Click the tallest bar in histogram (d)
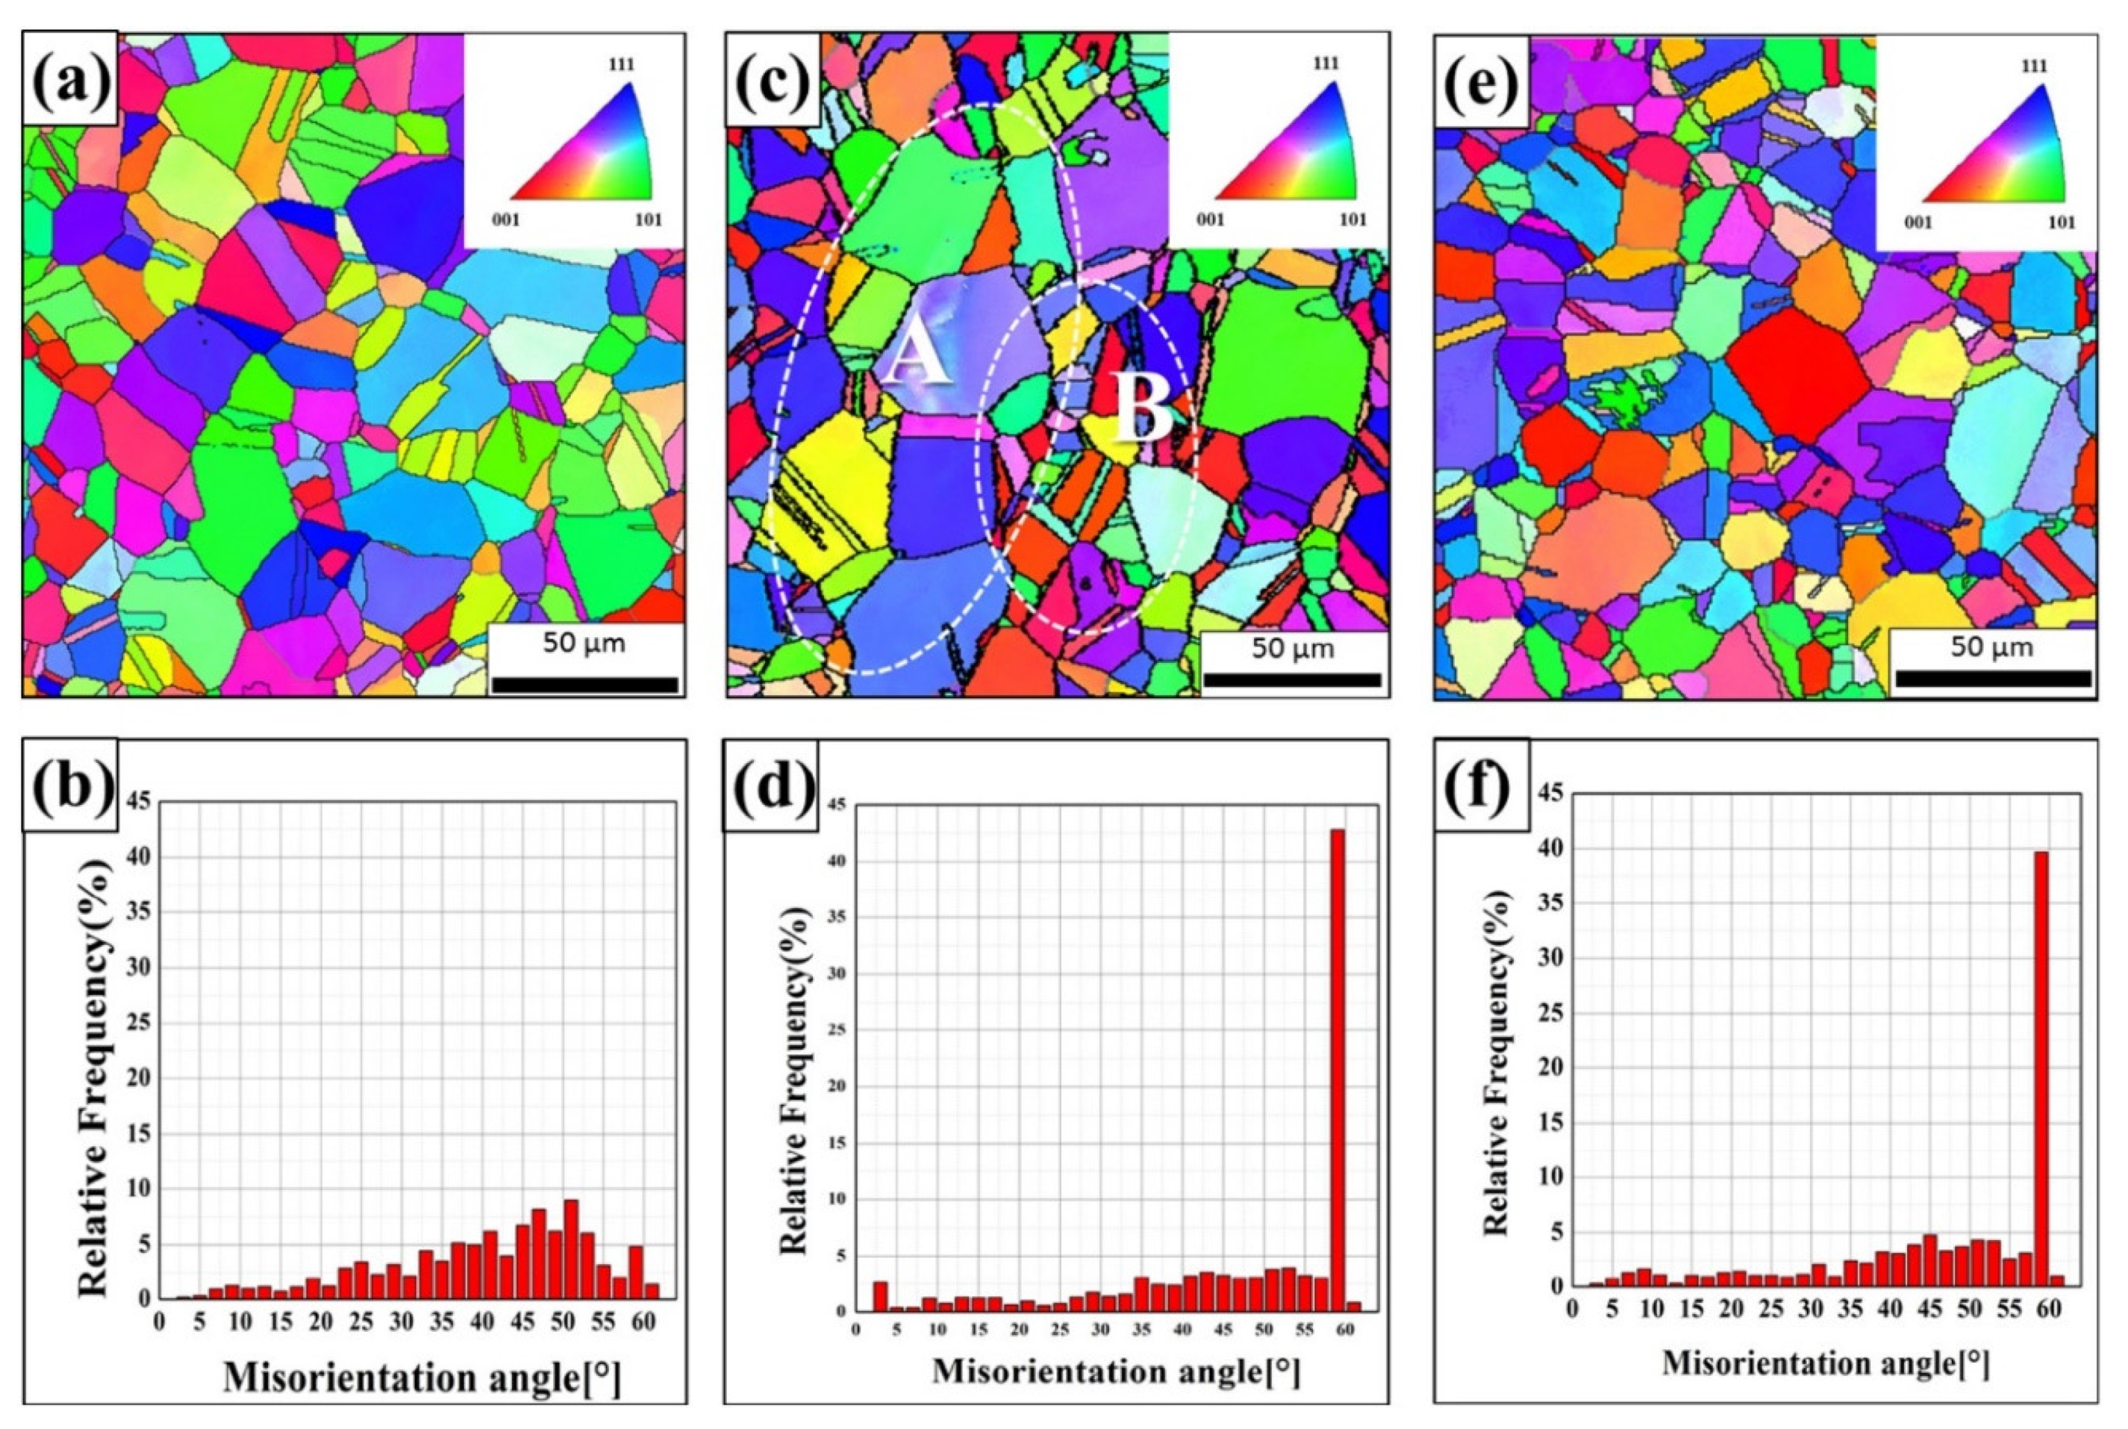click(1336, 1071)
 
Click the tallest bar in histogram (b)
click(571, 1249)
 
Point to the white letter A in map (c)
click(916, 356)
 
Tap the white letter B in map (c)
click(1142, 410)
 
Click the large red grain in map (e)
click(1785, 374)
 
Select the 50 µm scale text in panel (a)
click(583, 643)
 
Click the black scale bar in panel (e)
click(1993, 678)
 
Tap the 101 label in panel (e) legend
click(2060, 222)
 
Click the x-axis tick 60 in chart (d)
click(1344, 1330)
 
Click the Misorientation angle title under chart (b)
click(421, 1379)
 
